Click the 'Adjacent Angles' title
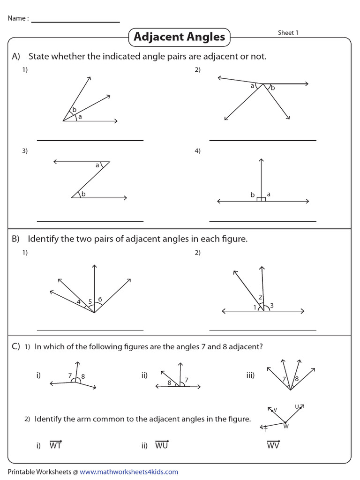point(179,37)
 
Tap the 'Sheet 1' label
point(288,33)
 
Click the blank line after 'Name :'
point(75,22)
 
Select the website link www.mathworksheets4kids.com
point(129,472)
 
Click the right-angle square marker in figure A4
point(261,199)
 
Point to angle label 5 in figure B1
point(90,301)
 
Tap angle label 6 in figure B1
point(100,299)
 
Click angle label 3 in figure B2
point(271,306)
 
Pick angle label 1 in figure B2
point(255,307)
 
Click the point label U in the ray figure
point(297,406)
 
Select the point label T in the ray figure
point(266,430)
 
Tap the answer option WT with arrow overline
point(55,445)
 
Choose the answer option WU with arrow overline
point(161,445)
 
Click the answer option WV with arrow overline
point(273,445)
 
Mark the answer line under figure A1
point(90,140)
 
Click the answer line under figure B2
point(262,330)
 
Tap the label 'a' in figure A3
point(97,165)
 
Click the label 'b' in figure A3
point(83,194)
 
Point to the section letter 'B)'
point(15,239)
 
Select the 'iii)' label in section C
point(250,375)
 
